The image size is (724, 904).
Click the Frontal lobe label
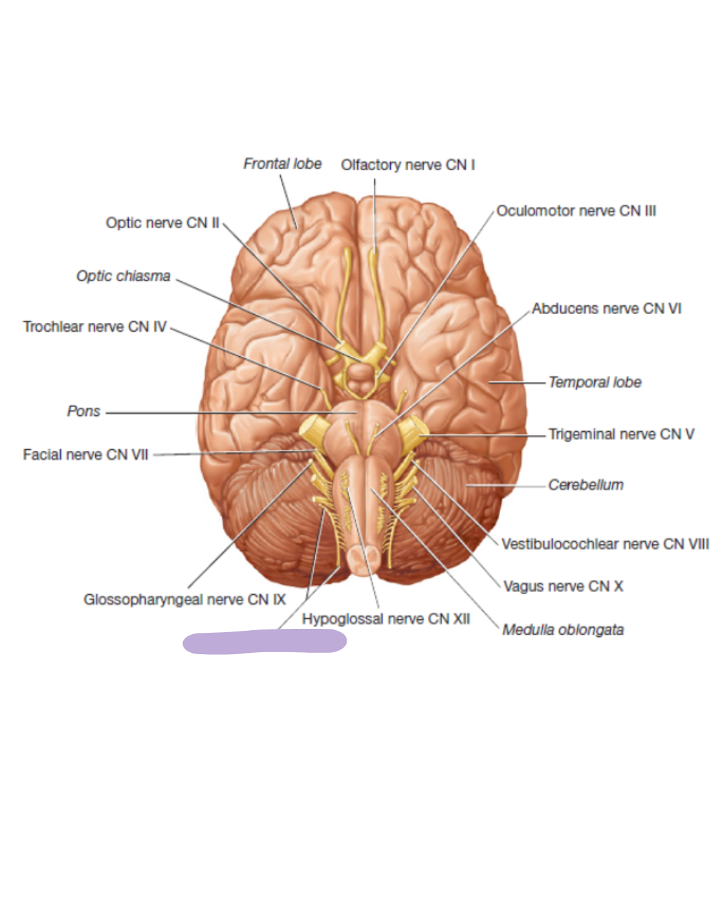tap(282, 163)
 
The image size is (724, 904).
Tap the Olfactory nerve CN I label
tap(408, 165)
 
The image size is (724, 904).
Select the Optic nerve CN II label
tap(162, 223)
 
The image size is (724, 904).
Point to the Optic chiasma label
tap(123, 276)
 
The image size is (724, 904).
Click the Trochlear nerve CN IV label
tap(95, 327)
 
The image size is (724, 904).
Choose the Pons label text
tap(84, 411)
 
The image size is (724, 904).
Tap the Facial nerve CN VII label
tap(86, 455)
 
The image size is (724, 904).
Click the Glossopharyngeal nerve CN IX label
tap(184, 599)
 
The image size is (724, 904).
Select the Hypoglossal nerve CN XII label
tap(385, 619)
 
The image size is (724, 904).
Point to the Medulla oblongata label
tap(563, 629)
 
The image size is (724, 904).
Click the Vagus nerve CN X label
tap(563, 587)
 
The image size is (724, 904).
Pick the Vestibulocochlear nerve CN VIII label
tap(605, 544)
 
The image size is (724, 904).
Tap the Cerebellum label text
tap(586, 485)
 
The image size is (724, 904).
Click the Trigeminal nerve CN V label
tap(621, 434)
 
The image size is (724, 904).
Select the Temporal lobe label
tap(595, 382)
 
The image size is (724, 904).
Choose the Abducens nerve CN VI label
tap(606, 309)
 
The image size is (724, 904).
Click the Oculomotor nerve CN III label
tap(576, 211)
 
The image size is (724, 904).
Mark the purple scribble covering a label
tap(265, 642)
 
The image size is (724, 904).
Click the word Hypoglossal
tap(339, 619)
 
